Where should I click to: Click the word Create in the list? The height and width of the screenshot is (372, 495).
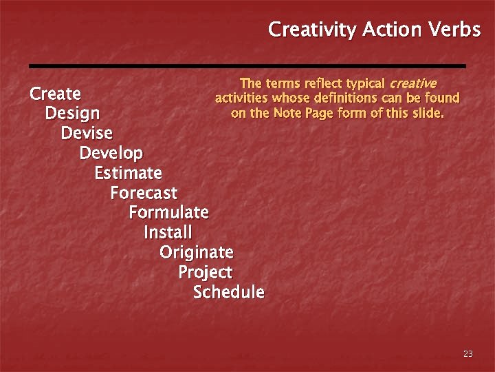[x=55, y=94]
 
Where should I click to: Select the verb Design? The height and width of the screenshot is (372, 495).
[x=72, y=113]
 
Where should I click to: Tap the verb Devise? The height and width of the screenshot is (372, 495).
[x=87, y=132]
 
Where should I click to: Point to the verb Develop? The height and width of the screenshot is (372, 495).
[x=111, y=153]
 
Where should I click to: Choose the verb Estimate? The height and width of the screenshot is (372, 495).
[x=128, y=172]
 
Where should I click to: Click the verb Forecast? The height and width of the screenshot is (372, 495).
[x=144, y=193]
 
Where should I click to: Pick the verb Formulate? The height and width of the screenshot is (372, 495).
[x=168, y=212]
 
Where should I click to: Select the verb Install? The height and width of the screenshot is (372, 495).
[x=168, y=232]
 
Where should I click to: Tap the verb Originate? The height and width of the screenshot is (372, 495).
[x=197, y=252]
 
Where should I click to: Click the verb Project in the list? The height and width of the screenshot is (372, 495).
[x=205, y=273]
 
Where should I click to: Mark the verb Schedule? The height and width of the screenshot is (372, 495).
[x=228, y=292]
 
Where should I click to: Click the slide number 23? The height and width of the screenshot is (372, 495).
[x=468, y=353]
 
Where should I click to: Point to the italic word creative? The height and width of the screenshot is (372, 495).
[x=412, y=83]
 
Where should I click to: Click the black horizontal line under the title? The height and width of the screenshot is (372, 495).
[x=247, y=65]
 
